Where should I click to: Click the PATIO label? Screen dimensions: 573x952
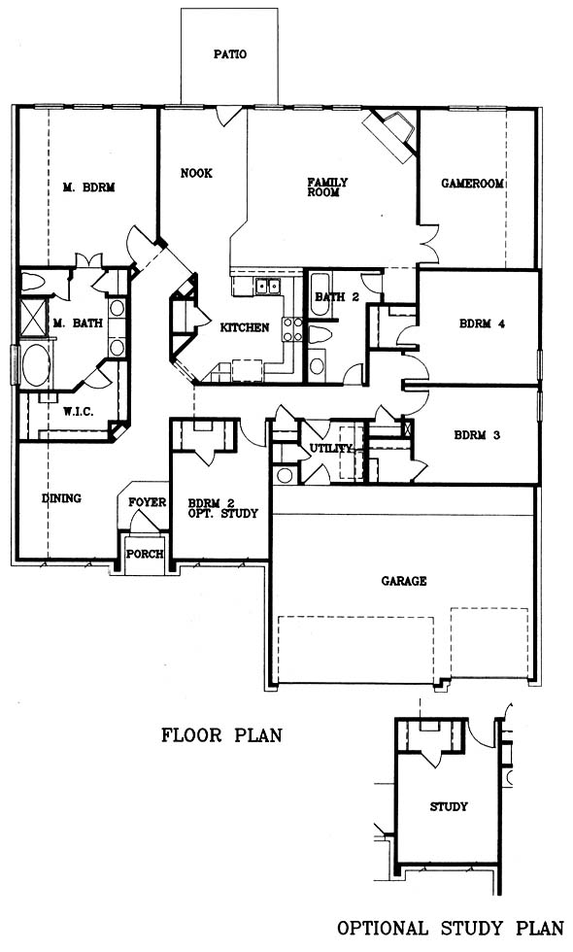230,54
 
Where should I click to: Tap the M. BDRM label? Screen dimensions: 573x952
88,187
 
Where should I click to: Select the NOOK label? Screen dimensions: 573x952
196,174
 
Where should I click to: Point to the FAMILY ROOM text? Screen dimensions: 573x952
327,187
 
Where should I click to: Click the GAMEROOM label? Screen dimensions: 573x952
473,183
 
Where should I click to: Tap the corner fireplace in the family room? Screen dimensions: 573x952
391,134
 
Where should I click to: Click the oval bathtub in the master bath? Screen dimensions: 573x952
36,365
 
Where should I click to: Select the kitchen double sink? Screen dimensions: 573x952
268,285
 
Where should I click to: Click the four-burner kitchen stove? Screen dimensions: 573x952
292,328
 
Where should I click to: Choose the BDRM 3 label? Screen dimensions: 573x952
477,435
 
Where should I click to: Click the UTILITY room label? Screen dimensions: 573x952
331,449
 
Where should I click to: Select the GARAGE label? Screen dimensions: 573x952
404,581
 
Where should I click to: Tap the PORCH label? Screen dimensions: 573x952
145,555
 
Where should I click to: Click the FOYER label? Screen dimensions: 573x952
147,503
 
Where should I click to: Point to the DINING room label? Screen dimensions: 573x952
61,498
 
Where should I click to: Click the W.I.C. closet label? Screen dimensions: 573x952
79,412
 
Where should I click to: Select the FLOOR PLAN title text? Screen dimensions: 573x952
221,735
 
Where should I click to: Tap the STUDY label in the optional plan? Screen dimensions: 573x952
449,806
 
